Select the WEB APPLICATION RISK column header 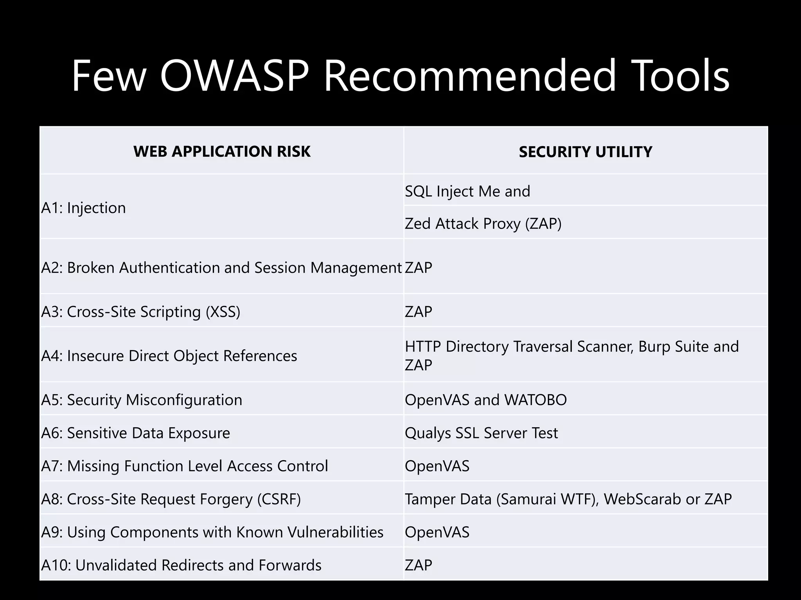(222, 152)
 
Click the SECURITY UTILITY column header (585, 152)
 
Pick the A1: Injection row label (84, 208)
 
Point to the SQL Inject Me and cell (467, 191)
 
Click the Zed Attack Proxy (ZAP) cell (483, 224)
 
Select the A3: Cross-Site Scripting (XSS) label (141, 312)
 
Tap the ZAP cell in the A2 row (418, 268)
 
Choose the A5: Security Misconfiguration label (142, 400)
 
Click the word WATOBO (535, 400)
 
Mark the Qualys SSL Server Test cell (481, 433)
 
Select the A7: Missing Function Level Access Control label (185, 466)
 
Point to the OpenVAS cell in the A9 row (437, 532)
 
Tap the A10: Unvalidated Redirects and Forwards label (181, 565)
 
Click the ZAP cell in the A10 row (418, 565)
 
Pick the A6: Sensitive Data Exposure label (136, 433)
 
